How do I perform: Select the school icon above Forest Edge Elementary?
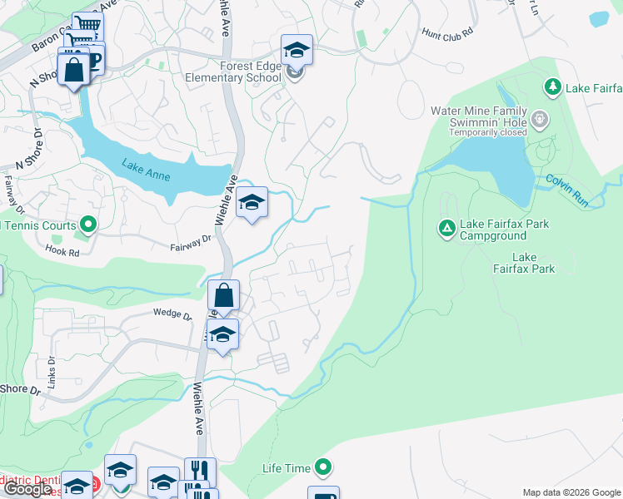pos(297,50)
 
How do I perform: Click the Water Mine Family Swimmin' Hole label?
pos(479,117)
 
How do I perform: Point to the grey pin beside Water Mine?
pos(540,118)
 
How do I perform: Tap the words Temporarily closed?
pos(479,131)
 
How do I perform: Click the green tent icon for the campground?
pos(447,227)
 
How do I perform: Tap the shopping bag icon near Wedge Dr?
pos(223,296)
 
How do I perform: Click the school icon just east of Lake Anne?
pos(252,202)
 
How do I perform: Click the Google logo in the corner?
pos(29,489)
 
